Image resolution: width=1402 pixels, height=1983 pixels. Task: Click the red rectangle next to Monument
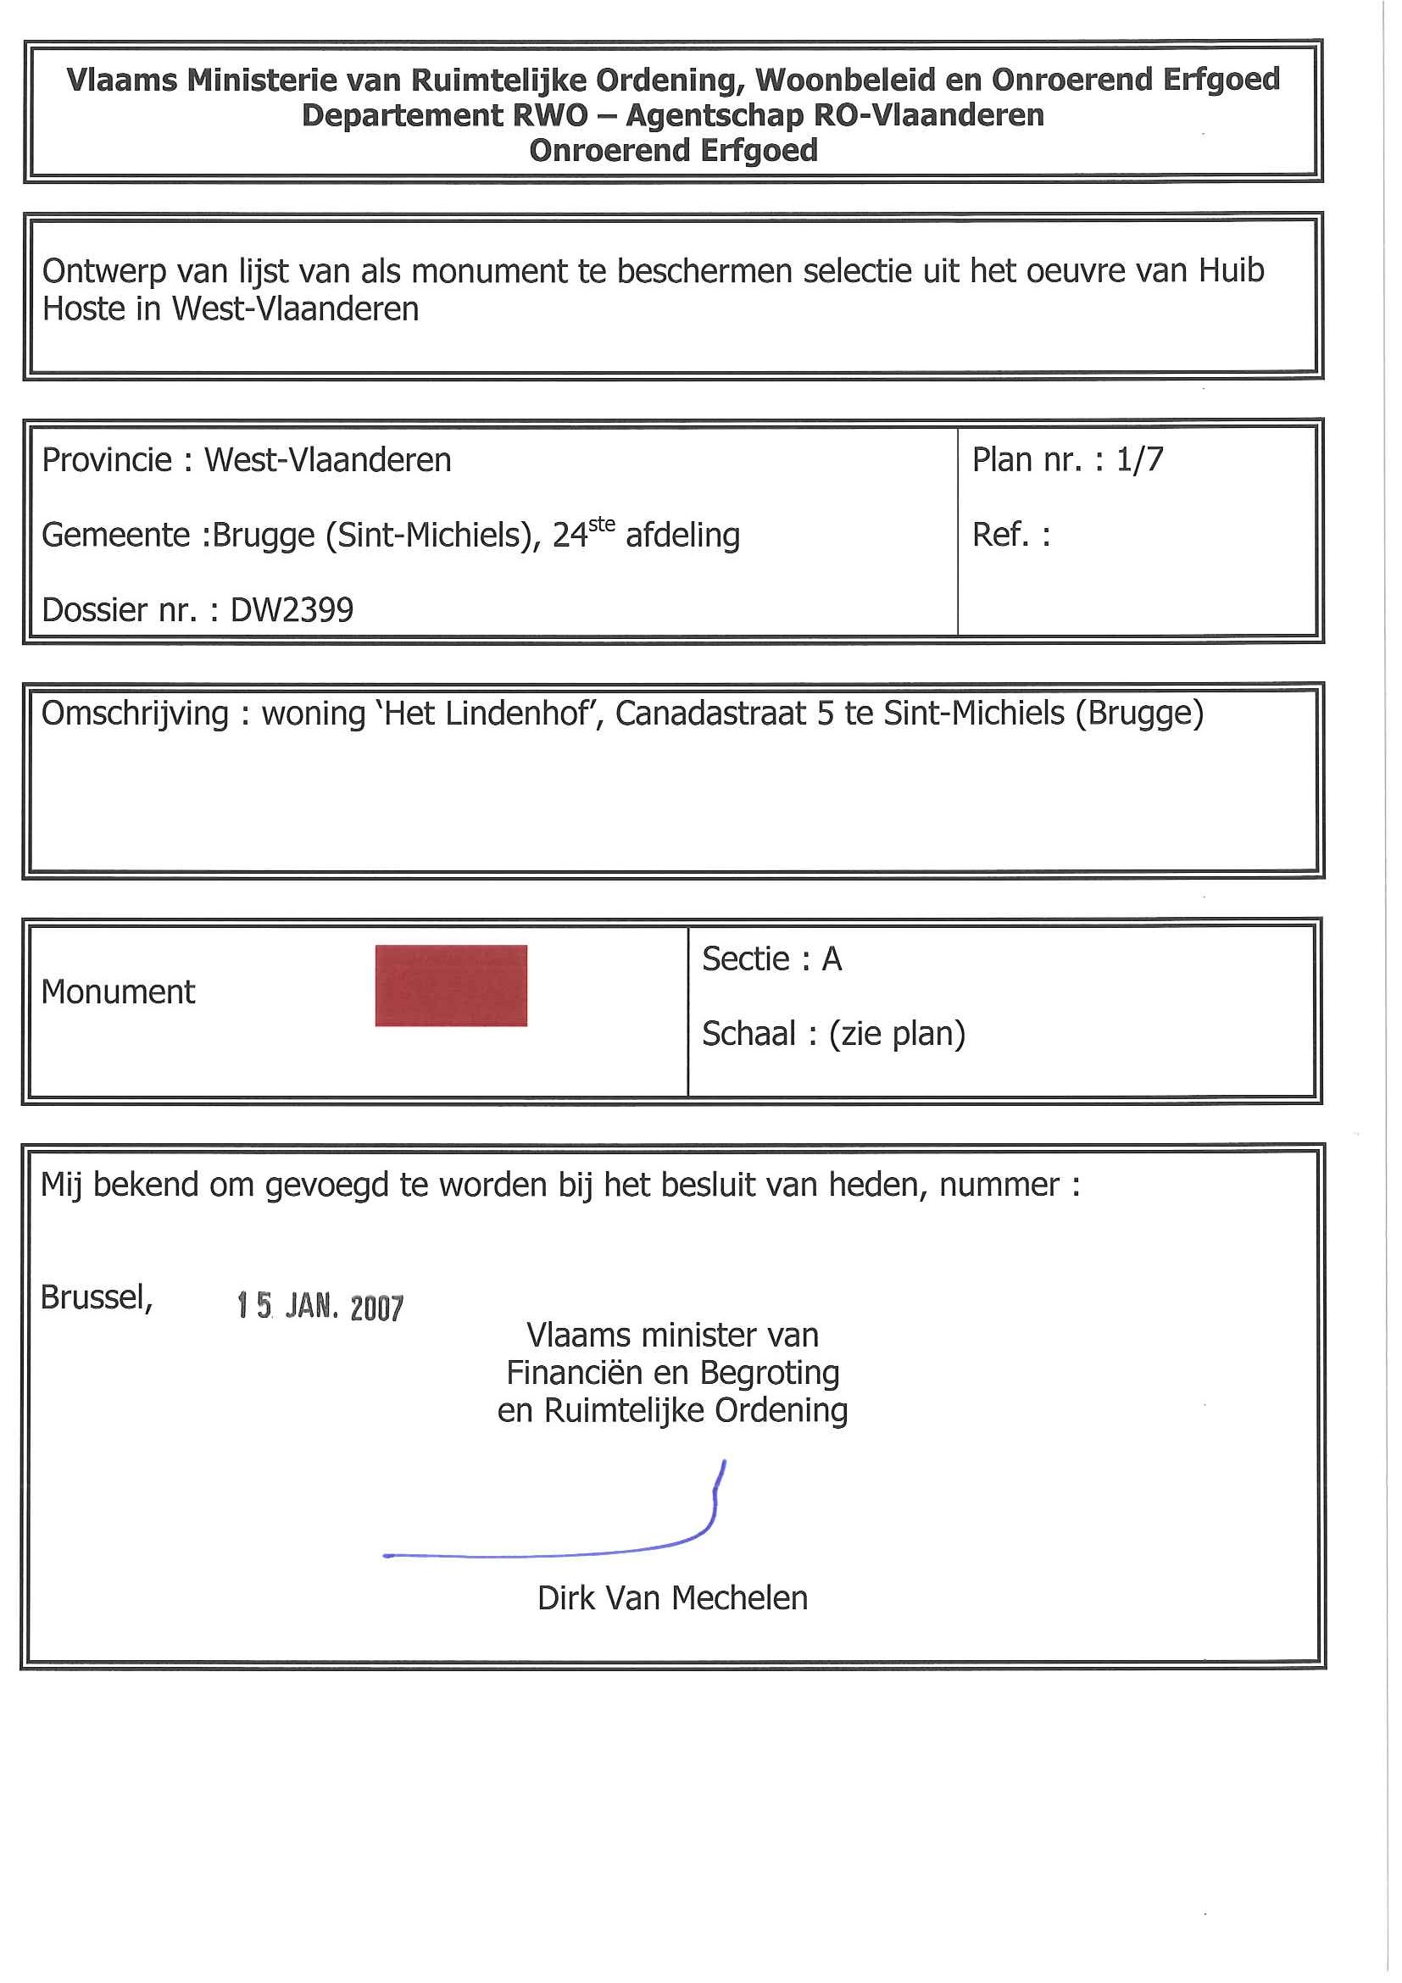click(x=451, y=986)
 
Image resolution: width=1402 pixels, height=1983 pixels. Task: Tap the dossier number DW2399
click(x=292, y=610)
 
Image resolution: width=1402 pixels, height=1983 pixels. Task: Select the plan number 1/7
click(x=1139, y=459)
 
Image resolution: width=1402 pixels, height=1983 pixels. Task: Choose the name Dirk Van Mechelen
click(x=672, y=1598)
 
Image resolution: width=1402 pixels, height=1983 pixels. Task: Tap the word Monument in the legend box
click(x=119, y=992)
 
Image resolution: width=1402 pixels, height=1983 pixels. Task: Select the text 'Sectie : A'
click(x=771, y=958)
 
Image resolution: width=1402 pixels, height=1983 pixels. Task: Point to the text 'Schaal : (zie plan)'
click(x=832, y=1034)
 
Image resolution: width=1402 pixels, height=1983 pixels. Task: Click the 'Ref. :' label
click(x=1010, y=535)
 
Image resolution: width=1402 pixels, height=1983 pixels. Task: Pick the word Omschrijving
click(x=135, y=714)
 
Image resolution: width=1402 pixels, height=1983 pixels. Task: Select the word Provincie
click(x=106, y=460)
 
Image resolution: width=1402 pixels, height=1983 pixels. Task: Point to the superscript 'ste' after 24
click(x=601, y=524)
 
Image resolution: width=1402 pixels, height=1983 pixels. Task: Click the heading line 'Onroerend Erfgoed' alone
click(x=673, y=150)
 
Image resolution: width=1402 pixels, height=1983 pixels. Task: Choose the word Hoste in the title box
click(x=84, y=308)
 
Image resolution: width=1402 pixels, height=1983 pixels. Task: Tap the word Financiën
click(x=575, y=1372)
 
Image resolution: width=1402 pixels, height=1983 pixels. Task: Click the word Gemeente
click(x=115, y=536)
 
